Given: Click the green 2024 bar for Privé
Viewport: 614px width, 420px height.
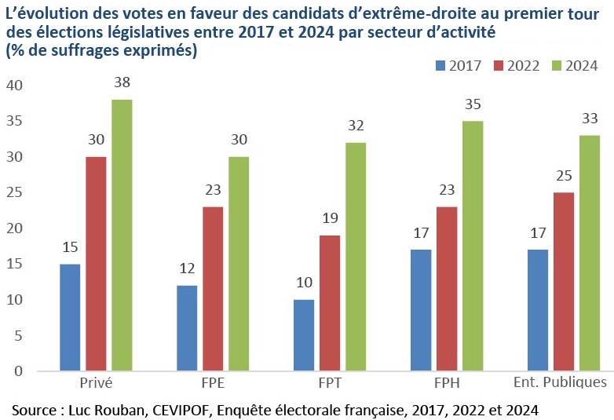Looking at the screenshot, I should (x=122, y=235).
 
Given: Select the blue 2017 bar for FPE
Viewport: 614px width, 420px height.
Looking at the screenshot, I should (x=187, y=328).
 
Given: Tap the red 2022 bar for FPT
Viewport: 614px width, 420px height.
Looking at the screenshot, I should (x=330, y=303).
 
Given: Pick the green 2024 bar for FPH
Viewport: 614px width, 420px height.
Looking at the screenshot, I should (x=473, y=246).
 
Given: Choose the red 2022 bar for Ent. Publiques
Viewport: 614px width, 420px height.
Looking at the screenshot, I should (x=564, y=282).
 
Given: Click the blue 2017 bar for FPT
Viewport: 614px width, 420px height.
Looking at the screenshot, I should (x=304, y=335).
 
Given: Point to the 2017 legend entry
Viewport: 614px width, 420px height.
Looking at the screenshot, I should (x=459, y=66).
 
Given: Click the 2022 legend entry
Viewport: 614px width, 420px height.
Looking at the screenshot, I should (x=517, y=66).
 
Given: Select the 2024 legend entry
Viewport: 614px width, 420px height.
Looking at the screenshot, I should (x=576, y=66).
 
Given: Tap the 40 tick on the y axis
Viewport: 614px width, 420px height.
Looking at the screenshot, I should (x=15, y=86).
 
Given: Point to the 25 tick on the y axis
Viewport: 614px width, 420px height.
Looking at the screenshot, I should (x=15, y=192).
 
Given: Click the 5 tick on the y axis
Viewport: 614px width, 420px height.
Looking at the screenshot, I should (x=19, y=335).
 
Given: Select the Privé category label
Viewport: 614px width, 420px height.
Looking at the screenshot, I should (x=96, y=383).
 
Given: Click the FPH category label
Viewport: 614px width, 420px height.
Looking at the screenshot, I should (x=447, y=383).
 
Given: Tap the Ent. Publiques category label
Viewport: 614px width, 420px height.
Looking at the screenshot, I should (x=559, y=383).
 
